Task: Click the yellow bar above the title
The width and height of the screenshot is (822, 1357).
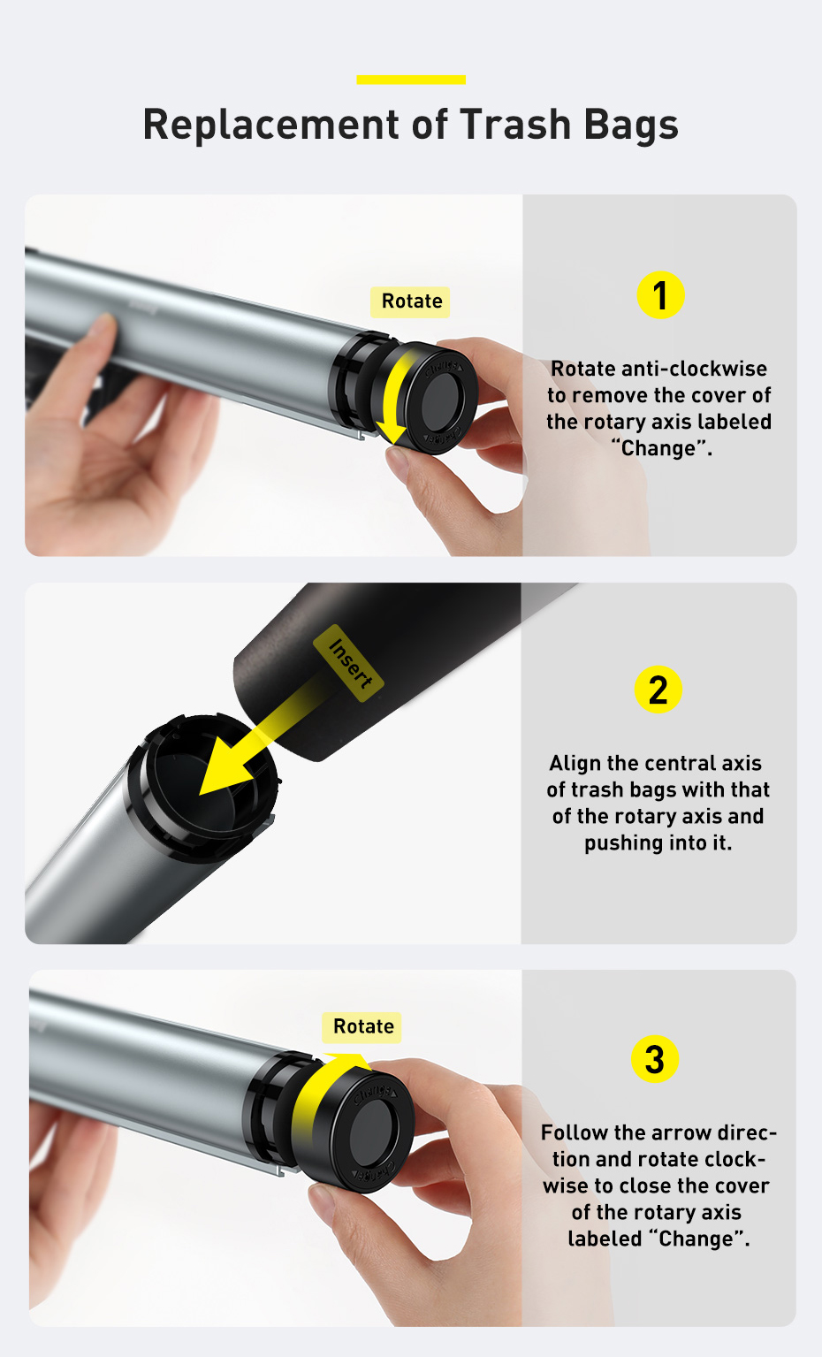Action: click(411, 80)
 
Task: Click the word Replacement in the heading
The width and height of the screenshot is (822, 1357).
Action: click(271, 124)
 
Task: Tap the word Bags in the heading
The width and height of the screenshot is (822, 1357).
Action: click(631, 126)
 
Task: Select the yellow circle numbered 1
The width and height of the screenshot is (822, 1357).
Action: click(660, 295)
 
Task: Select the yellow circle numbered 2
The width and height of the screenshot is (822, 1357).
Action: click(658, 690)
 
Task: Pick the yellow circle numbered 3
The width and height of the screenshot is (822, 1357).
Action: click(655, 1059)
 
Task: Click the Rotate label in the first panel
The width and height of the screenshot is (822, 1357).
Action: click(411, 301)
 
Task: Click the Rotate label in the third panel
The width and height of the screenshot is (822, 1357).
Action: click(362, 1027)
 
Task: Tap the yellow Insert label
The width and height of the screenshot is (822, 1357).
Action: click(349, 663)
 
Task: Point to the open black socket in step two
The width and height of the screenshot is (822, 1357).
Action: click(203, 788)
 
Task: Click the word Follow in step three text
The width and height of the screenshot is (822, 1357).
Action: click(575, 1132)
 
